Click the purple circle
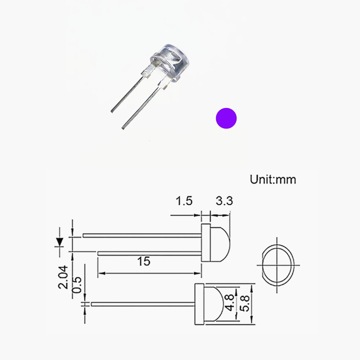(226, 118)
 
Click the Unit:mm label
(273, 180)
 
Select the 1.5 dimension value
(184, 201)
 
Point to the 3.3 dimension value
(224, 201)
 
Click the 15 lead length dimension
(144, 261)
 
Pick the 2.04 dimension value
(63, 277)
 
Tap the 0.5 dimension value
(77, 285)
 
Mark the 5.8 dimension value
(244, 303)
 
